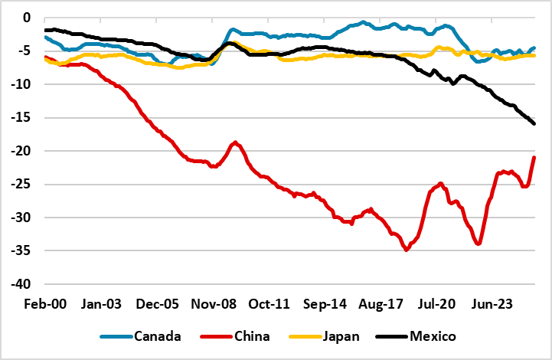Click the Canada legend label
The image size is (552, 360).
[x=158, y=336]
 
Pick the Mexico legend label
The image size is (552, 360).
[x=433, y=336]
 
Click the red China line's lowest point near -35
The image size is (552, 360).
[x=406, y=250]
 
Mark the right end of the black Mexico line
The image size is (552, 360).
[x=534, y=123]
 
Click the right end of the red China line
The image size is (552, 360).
[x=534, y=157]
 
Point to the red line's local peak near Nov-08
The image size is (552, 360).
[x=235, y=142]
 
